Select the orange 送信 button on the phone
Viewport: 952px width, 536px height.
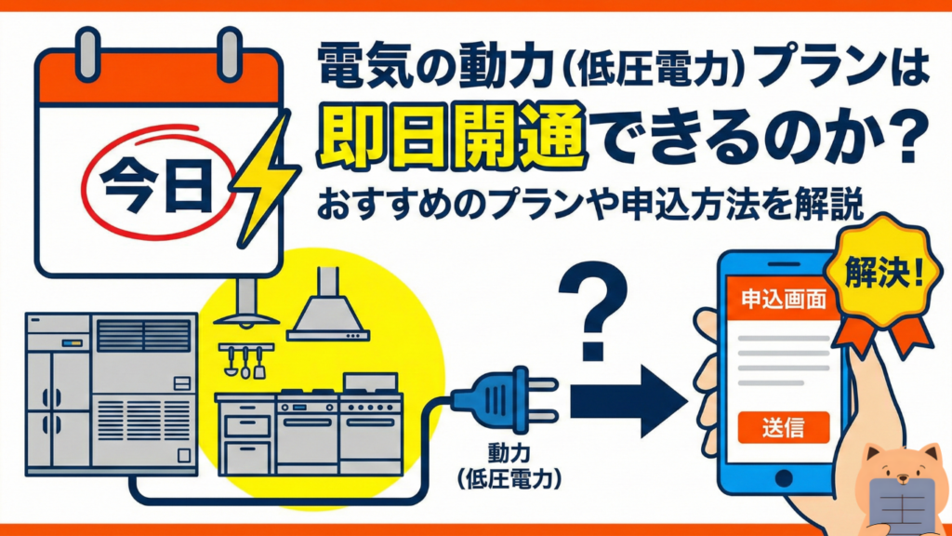coord(783,427)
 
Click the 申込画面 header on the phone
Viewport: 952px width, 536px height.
coord(782,299)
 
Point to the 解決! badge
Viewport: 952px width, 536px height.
coord(884,274)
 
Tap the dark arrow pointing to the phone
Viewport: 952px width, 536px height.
coord(628,401)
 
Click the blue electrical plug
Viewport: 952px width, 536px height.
coord(505,400)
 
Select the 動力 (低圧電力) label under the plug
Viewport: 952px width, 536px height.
coord(509,467)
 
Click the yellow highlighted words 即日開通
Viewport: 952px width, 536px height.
coord(452,136)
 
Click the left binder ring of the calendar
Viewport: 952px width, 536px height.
coord(88,53)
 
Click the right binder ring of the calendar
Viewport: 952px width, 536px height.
coord(230,53)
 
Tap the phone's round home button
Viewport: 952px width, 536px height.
coord(783,478)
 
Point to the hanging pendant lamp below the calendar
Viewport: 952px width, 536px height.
coord(245,304)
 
